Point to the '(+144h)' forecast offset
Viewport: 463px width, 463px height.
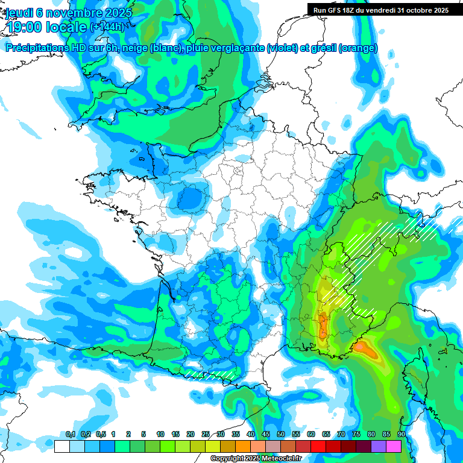pyautogui.click(x=107, y=27)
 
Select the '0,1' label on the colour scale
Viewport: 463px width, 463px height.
pyautogui.click(x=70, y=435)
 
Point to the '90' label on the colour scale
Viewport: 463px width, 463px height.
pyautogui.click(x=401, y=435)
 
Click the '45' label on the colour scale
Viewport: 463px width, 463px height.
pyautogui.click(x=266, y=435)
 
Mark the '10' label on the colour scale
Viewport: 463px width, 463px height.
pyautogui.click(x=160, y=435)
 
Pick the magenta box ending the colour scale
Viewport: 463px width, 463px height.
pyautogui.click(x=394, y=446)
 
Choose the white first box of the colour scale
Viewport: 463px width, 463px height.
pyautogui.click(x=61, y=446)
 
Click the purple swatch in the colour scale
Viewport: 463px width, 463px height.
pyautogui.click(x=379, y=446)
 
